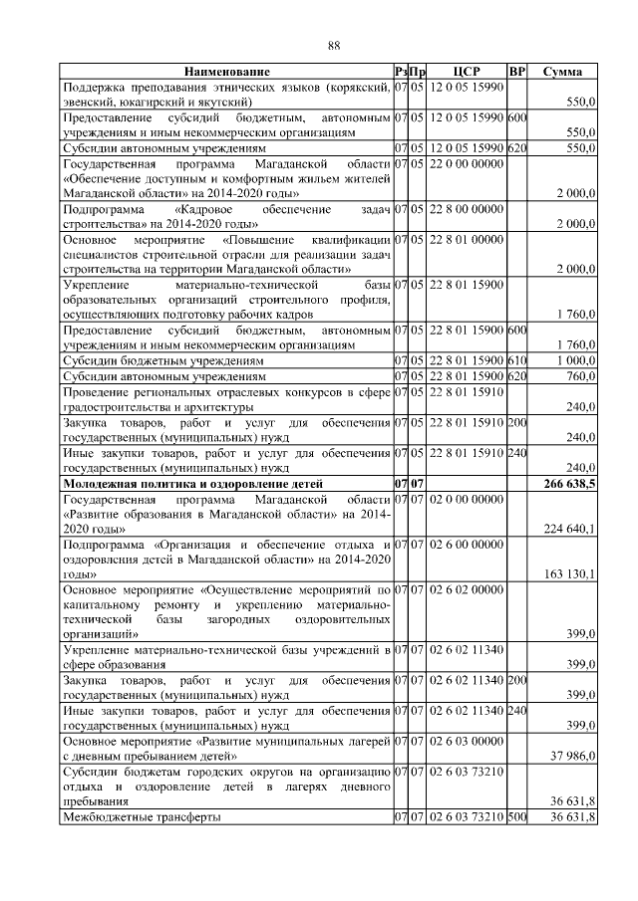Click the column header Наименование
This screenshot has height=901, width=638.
point(226,72)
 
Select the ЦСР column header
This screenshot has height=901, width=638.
point(466,72)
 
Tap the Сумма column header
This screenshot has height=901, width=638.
point(563,72)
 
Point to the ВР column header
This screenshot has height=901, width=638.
point(516,72)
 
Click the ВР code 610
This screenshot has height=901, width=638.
point(516,361)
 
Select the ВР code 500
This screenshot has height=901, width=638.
point(516,817)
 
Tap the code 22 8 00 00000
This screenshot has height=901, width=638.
point(467,210)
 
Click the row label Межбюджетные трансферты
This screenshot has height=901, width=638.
point(141,817)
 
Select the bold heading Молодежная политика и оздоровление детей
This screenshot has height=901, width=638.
point(203,483)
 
